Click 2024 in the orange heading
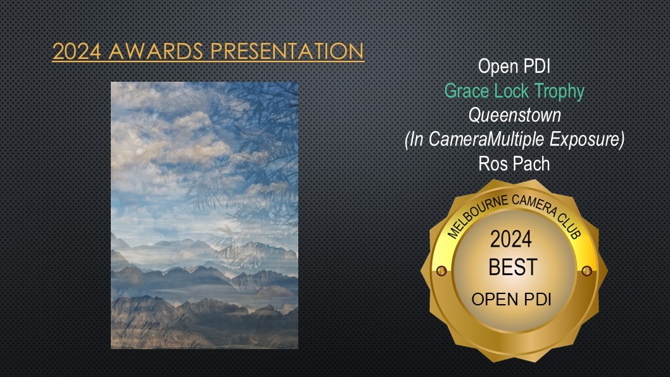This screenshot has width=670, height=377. point(77,51)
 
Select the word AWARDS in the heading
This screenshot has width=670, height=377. point(156,51)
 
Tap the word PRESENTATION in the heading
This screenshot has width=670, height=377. point(287,51)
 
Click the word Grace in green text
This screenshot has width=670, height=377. point(467,91)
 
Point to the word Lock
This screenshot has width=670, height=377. point(512,91)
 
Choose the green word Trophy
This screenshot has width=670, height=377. point(559,92)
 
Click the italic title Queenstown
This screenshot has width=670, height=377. point(514,115)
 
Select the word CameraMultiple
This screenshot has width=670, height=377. point(487,139)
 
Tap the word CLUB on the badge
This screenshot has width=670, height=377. point(570,226)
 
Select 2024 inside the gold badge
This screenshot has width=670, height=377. point(511,239)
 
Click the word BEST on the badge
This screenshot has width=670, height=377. point(513,267)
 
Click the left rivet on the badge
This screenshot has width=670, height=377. point(441,271)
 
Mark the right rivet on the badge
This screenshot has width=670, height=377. point(586,271)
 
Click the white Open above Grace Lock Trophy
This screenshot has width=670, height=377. point(496,67)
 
